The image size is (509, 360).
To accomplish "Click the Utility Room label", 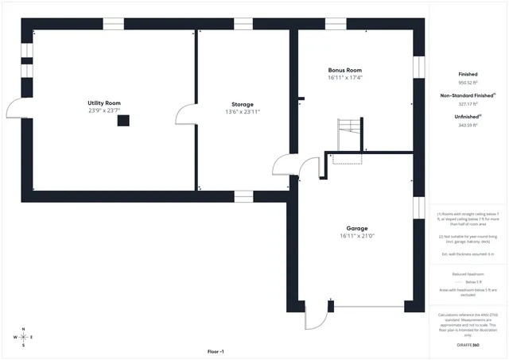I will click(x=104, y=103).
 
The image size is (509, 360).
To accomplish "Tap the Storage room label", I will click(x=243, y=104).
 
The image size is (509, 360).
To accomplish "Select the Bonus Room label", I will click(x=345, y=70).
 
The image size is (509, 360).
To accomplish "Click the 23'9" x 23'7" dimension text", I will click(x=104, y=111).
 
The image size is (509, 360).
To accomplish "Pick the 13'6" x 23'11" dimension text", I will click(x=243, y=112).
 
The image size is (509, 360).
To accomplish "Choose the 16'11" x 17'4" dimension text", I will click(x=345, y=78).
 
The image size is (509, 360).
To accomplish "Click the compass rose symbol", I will click(x=23, y=337).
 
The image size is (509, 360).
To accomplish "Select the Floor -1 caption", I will click(x=216, y=351).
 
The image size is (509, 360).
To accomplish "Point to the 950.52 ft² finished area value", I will click(x=468, y=83).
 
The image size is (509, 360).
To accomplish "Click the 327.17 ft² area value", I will click(x=468, y=103).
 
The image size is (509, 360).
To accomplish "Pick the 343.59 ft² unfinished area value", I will click(x=468, y=125).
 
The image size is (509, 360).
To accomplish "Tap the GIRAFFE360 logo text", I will click(x=468, y=345).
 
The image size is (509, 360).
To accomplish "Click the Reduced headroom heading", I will click(x=468, y=274).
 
